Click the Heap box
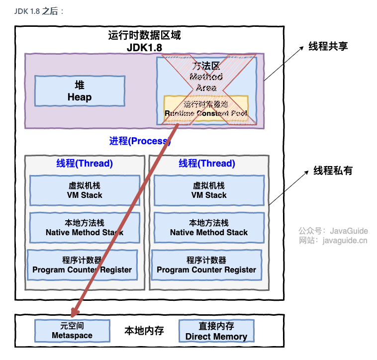[80, 91]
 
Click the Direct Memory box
[216, 331]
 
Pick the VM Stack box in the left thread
[85, 190]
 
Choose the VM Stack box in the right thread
[209, 190]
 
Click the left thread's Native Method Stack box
[85, 227]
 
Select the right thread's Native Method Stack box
[209, 227]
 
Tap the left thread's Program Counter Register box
[82, 265]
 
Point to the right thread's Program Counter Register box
[206, 265]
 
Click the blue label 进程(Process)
[140, 141]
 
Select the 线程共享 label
[328, 46]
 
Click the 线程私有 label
[333, 171]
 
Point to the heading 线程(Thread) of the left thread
[85, 164]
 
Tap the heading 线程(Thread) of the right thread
[207, 164]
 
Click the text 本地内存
[144, 331]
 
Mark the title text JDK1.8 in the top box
[144, 47]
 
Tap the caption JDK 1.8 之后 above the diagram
[39, 11]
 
